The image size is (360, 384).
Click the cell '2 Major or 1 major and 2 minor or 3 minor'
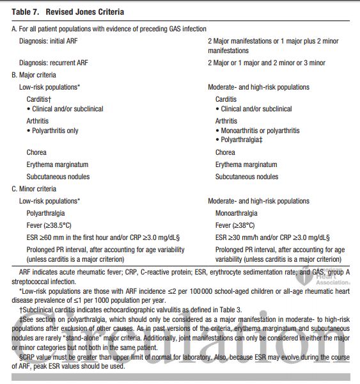[267, 63]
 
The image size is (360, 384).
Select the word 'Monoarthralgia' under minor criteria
[237, 212]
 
